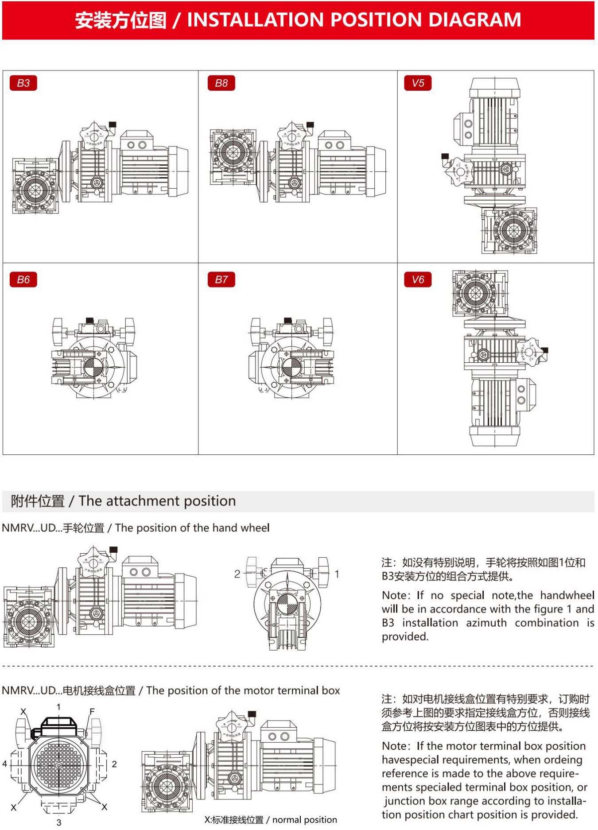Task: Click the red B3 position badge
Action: (23, 83)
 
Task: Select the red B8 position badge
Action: (221, 83)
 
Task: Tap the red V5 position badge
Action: (418, 83)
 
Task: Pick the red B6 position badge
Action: (23, 279)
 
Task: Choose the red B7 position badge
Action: (221, 279)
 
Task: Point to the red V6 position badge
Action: (418, 279)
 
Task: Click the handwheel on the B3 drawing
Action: (94, 136)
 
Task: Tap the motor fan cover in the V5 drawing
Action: (494, 87)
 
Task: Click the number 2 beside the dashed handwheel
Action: (237, 574)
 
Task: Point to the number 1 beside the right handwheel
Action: (337, 574)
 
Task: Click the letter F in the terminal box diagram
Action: (92, 712)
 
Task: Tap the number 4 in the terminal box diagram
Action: (5, 764)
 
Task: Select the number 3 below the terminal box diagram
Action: (59, 822)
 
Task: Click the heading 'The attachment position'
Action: (157, 501)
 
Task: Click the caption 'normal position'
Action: (304, 820)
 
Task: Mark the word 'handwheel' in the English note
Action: (567, 595)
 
